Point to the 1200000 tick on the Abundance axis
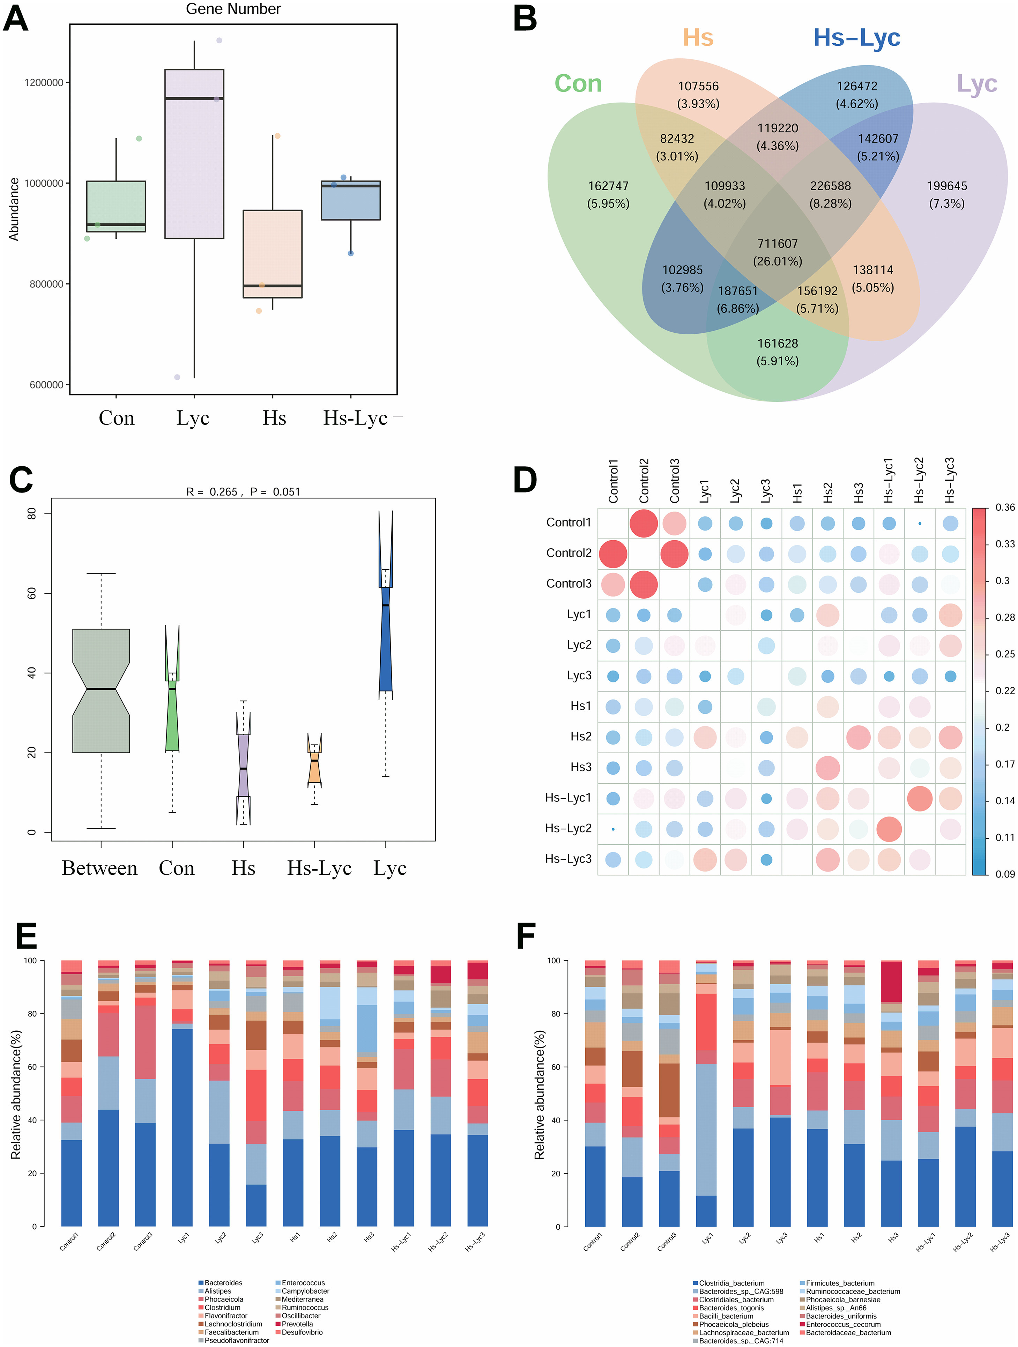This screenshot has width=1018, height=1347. point(44,83)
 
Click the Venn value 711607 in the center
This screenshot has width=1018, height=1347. point(777,244)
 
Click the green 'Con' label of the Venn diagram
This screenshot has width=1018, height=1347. point(578,83)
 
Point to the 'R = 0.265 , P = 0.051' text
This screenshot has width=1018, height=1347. point(243,491)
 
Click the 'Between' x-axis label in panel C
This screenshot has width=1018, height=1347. point(100,868)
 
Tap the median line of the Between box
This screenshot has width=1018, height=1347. point(101,689)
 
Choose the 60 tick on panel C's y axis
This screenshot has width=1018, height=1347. point(32,593)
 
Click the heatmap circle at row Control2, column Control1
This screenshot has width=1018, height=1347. point(613,554)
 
